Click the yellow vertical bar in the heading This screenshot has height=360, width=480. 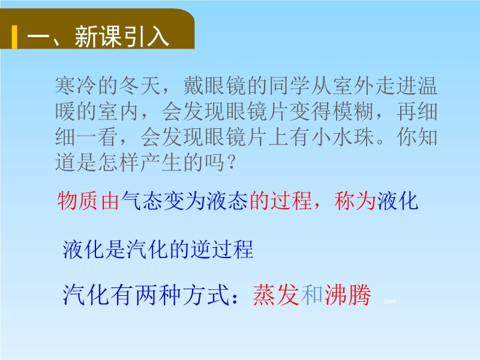[x=14, y=37]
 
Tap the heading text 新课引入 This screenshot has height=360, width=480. [x=122, y=37]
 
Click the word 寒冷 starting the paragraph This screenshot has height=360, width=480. [x=76, y=85]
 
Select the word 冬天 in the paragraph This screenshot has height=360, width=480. [x=140, y=85]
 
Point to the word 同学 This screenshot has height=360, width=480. [x=290, y=85]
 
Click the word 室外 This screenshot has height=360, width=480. [x=354, y=85]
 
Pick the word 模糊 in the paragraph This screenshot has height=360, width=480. [x=354, y=111]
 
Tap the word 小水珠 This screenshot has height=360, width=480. [x=343, y=137]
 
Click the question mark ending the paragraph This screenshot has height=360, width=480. [x=231, y=162]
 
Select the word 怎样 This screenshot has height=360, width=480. [x=119, y=162]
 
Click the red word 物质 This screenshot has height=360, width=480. [x=77, y=201]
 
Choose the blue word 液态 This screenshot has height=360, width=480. [x=227, y=201]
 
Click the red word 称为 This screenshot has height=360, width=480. [x=355, y=201]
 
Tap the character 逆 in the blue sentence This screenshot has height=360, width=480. [x=201, y=250]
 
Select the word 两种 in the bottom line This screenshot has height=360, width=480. [x=158, y=295]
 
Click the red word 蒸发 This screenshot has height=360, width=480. [x=276, y=295]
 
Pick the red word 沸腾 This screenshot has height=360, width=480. [x=347, y=295]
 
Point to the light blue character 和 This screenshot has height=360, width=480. [x=311, y=295]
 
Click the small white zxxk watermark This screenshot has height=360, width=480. [x=389, y=302]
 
